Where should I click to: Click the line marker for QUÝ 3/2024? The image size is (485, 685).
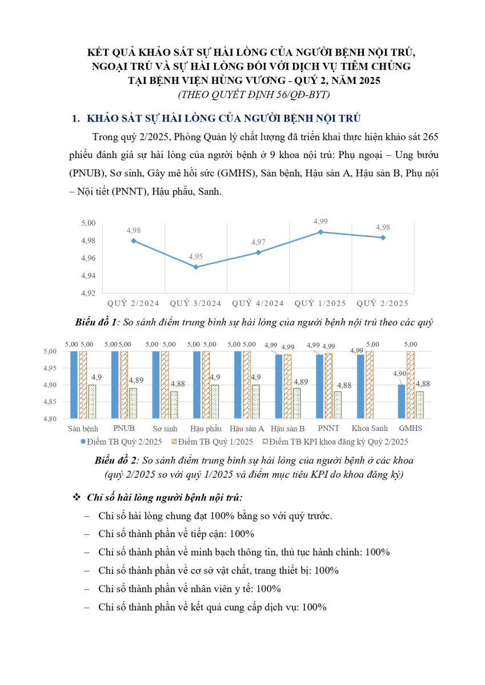(196, 267)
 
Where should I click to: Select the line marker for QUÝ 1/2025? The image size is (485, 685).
(320, 232)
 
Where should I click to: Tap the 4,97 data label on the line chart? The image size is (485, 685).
(258, 242)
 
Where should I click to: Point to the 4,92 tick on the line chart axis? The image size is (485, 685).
(89, 293)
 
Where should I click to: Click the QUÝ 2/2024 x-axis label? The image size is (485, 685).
(134, 303)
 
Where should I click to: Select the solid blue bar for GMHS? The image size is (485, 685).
(402, 401)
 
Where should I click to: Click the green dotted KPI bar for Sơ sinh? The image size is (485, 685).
(174, 405)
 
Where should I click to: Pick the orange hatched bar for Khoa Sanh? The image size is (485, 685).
(370, 385)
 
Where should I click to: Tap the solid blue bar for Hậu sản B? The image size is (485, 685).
(278, 386)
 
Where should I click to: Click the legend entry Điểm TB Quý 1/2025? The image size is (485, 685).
(213, 442)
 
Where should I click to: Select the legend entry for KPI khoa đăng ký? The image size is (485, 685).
(336, 442)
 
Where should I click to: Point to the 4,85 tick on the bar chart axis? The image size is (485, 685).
(50, 402)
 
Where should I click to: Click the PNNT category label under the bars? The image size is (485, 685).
(328, 429)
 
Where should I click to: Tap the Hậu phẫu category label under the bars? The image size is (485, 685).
(206, 429)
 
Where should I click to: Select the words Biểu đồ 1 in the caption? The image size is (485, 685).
(96, 323)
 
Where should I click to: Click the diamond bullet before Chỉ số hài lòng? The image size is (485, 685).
(77, 498)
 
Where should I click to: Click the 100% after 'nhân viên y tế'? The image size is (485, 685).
(268, 589)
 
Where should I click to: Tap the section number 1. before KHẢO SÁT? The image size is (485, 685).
(76, 118)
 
